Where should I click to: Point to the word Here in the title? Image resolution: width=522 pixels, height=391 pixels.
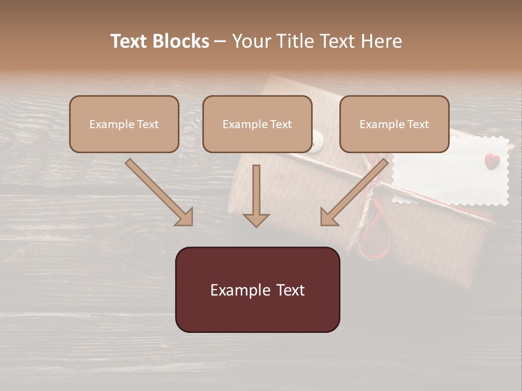tap(383, 41)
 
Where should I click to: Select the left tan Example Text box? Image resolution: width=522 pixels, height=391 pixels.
tap(124, 124)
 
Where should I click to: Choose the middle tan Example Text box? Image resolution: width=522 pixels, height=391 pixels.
tap(257, 124)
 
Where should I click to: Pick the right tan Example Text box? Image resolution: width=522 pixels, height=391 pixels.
tap(394, 124)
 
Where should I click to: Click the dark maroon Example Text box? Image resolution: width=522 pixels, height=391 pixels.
tap(257, 289)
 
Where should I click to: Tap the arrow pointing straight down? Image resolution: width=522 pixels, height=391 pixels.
tap(256, 195)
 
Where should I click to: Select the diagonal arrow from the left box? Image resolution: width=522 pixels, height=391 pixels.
tap(159, 192)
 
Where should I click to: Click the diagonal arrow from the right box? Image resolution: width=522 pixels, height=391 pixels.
tap(354, 192)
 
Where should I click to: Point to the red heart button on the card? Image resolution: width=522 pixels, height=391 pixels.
tap(491, 160)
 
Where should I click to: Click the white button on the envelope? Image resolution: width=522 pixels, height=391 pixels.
tap(316, 142)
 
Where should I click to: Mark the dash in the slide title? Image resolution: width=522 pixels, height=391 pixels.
tap(220, 41)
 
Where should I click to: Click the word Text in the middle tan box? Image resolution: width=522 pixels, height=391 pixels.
tap(281, 124)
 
